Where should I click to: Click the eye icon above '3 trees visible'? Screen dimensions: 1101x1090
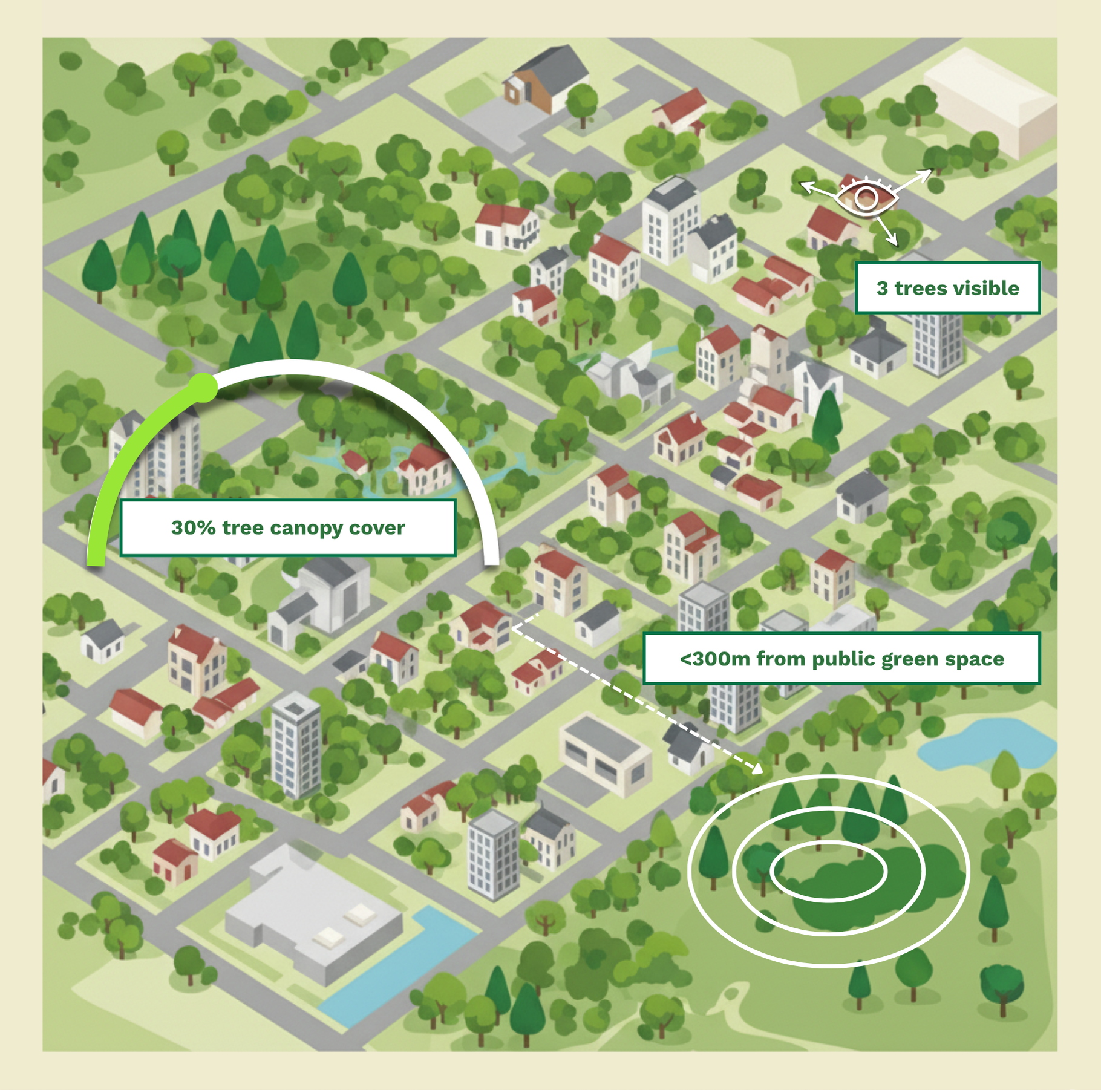(866, 198)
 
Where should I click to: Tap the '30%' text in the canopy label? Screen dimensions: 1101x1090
(193, 527)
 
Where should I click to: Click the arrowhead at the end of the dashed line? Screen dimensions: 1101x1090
(757, 768)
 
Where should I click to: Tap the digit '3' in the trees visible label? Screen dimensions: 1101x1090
(883, 288)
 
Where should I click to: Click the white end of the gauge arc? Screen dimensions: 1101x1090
(492, 560)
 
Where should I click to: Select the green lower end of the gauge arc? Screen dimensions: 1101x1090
(96, 560)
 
